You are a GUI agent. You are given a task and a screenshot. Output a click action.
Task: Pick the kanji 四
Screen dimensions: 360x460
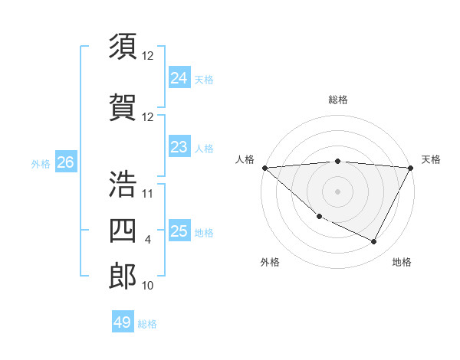point(123,230)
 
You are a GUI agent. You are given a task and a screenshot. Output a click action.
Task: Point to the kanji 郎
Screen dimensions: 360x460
point(123,276)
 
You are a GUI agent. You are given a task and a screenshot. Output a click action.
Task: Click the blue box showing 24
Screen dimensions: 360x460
point(179,78)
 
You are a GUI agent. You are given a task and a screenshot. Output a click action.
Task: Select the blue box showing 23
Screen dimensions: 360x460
point(179,147)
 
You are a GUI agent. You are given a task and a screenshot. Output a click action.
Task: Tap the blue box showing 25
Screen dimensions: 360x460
point(179,231)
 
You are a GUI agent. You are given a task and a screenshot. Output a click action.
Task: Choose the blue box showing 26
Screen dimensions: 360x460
point(65,162)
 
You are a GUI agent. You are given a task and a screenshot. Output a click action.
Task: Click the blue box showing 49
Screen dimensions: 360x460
point(122,322)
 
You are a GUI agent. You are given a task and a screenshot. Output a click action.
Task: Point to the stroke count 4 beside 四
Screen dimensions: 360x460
point(148,240)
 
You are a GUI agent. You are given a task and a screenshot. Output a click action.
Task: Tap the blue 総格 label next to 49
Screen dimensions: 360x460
point(147,324)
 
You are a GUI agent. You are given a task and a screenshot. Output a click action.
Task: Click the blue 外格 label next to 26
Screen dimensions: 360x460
point(41,163)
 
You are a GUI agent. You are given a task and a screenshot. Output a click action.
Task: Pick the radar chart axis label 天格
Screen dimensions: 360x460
point(432,159)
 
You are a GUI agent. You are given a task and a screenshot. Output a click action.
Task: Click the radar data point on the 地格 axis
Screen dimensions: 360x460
point(374,241)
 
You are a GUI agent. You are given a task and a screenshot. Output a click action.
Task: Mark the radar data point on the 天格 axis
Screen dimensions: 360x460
point(411,168)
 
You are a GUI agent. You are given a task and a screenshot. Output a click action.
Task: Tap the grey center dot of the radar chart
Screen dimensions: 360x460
point(337,191)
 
